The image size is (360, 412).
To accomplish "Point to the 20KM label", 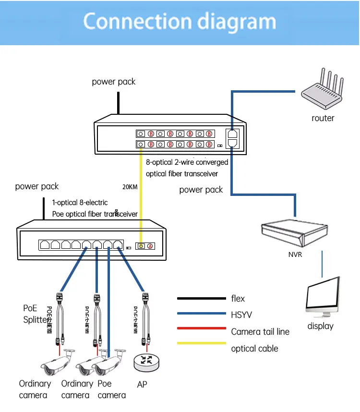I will pos(130,187).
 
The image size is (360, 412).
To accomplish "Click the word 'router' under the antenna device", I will pos(323,118).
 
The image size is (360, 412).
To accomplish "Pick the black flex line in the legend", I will pos(201,298).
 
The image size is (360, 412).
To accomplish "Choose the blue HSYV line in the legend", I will pos(201,315).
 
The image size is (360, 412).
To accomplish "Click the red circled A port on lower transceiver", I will pos(150,246).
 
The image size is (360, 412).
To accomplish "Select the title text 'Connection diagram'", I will pos(180,22).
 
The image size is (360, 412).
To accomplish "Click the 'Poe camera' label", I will pos(111,389).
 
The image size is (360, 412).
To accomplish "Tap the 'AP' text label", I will pos(142,384).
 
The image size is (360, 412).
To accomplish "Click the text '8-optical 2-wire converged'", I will pos(187,162).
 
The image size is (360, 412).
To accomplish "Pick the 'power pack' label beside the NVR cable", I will pos(201,190).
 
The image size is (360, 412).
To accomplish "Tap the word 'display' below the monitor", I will pos(320,326).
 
